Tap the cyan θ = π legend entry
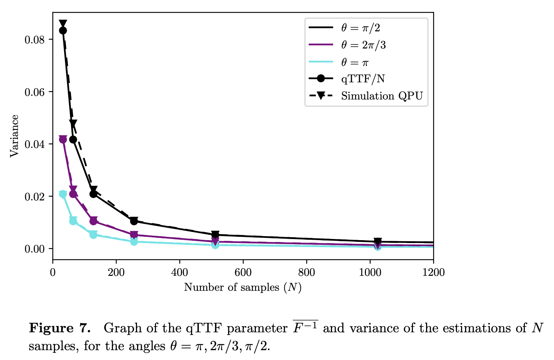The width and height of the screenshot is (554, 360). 355,62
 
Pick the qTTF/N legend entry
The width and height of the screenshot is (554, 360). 363,79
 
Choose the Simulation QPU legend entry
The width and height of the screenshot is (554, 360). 382,96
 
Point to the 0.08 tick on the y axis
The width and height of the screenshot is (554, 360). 34,39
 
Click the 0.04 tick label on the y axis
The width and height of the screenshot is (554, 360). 34,144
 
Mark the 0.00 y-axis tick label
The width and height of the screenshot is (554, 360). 34,249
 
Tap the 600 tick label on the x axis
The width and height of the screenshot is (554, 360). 243,273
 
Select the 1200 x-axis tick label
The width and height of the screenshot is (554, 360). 433,273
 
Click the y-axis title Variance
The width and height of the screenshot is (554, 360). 14,136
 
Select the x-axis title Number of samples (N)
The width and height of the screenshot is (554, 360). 243,287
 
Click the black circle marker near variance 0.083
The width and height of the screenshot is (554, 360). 63,31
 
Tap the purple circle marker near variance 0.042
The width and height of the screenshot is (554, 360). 63,139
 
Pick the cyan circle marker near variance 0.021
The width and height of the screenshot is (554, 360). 63,194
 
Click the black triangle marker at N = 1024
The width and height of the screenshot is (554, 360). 378,241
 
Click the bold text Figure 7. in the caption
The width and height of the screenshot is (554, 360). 59,328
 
